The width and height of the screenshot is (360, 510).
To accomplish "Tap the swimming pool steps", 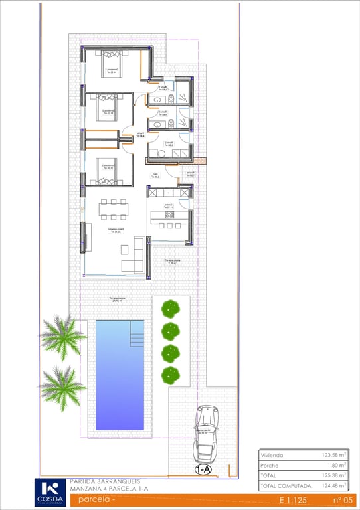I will pyautogui.click(x=137, y=334).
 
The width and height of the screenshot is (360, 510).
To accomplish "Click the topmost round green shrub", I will pyautogui.click(x=171, y=308).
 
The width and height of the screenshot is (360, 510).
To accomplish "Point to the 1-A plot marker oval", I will pyautogui.click(x=203, y=469).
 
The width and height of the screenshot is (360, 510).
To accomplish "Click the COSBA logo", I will pyautogui.click(x=50, y=492).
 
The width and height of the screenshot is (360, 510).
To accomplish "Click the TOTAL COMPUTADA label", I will pyautogui.click(x=286, y=486).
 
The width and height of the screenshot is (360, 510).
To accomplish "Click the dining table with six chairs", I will pyautogui.click(x=114, y=211).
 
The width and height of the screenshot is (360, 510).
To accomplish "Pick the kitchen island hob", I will pyautogui.click(x=169, y=215).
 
